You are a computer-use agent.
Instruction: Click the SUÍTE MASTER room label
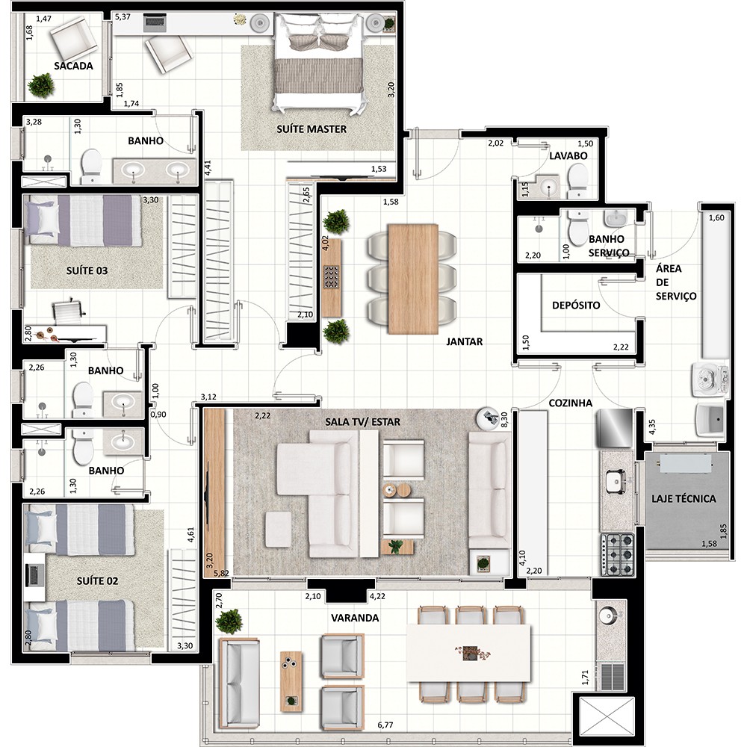[311, 129]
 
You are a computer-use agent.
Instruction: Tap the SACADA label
[73, 66]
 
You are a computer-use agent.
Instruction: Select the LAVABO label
[568, 156]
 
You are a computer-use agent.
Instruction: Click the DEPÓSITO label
[576, 306]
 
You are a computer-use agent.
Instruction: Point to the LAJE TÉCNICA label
[684, 499]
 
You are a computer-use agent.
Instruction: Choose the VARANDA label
[355, 618]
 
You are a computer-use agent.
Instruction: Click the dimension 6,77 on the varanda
[385, 725]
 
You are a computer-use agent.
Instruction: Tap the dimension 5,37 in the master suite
[123, 16]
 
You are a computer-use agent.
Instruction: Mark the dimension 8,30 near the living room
[504, 419]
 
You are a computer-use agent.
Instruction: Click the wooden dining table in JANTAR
[413, 279]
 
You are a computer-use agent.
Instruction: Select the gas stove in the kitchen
[618, 554]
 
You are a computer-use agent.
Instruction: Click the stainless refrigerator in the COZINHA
[615, 428]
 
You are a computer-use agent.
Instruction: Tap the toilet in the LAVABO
[578, 181]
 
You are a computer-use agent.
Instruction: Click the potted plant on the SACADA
[41, 86]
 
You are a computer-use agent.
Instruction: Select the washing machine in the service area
[710, 379]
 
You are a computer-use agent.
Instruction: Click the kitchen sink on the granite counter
[616, 481]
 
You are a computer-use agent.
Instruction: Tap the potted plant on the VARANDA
[229, 622]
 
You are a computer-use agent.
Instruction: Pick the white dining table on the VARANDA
[469, 653]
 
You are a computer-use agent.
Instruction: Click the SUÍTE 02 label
[97, 580]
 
